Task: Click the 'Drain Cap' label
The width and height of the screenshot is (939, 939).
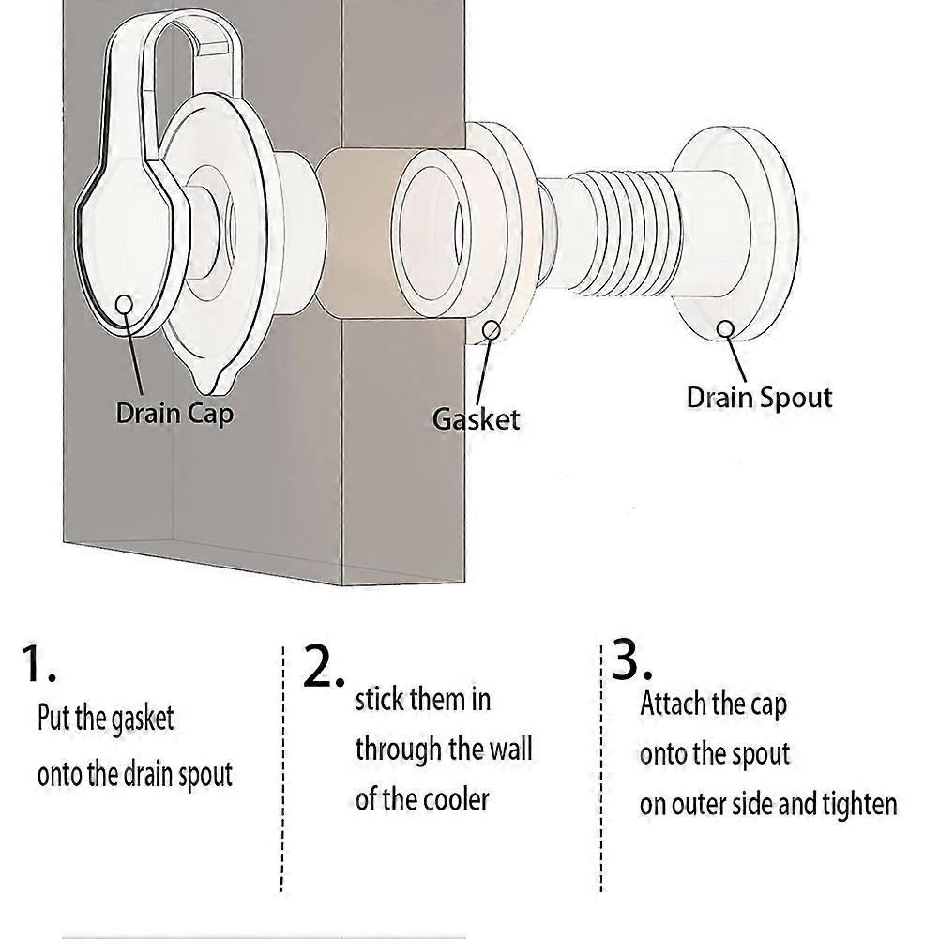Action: (174, 413)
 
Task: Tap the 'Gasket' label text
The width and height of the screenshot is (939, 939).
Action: (476, 418)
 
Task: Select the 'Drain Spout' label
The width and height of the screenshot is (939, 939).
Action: (759, 397)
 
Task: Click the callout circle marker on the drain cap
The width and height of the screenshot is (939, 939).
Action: (124, 304)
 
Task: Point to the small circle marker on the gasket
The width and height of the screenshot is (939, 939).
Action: (492, 329)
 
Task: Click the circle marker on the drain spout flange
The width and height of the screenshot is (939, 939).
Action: (725, 328)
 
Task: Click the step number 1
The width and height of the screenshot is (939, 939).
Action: (38, 664)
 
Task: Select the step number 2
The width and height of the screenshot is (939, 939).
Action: (324, 668)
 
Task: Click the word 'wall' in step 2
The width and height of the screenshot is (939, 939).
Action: (510, 750)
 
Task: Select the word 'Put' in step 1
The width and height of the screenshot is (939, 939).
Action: (53, 719)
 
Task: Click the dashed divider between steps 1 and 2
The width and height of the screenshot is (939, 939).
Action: (282, 769)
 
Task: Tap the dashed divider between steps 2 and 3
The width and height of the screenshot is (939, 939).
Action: (600, 769)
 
